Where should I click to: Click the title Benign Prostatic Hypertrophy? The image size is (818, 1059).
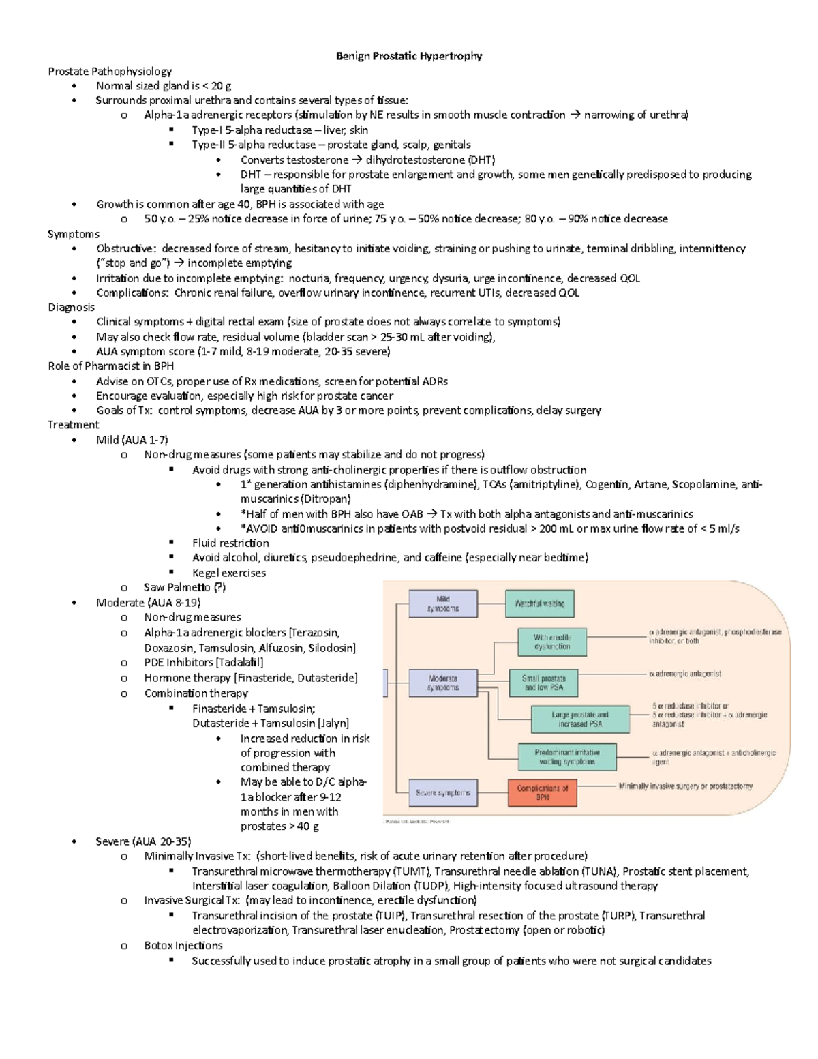(409, 56)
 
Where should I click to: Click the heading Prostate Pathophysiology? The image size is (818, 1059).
(110, 71)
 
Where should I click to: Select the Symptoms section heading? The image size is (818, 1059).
(74, 234)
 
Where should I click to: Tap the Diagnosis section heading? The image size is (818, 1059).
(71, 307)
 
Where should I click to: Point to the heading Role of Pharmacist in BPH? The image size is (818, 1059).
(110, 366)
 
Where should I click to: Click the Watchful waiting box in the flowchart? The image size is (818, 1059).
(539, 603)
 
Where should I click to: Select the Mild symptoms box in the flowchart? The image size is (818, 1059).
(443, 603)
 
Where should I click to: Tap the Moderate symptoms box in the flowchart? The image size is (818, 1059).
(443, 683)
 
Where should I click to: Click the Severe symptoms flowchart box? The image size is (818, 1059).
(443, 793)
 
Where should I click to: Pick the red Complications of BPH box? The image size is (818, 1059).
(542, 792)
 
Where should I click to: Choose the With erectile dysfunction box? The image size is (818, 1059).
(552, 642)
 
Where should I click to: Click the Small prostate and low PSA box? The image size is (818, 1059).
(544, 683)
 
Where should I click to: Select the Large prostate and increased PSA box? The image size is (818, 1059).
(580, 719)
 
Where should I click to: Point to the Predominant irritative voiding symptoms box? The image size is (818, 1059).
(567, 757)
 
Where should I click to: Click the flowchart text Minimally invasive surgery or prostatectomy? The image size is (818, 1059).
(685, 786)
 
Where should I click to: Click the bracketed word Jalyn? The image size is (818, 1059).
(333, 723)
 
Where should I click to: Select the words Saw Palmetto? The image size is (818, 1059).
(177, 587)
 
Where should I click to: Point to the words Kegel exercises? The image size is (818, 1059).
(229, 573)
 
